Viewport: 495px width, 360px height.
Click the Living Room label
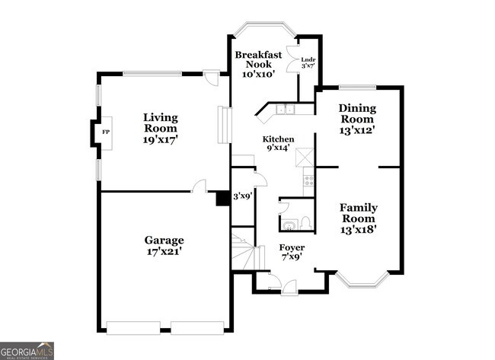(x=161, y=118)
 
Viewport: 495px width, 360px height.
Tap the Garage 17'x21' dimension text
(x=164, y=250)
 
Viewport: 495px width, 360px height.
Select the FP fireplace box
(x=105, y=132)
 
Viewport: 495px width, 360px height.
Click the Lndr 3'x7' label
(x=308, y=62)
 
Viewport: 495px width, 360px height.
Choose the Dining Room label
(x=356, y=113)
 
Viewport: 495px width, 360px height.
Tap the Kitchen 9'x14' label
(x=278, y=145)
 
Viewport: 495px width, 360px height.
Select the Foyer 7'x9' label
(x=292, y=253)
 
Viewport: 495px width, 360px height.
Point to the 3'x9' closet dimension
(x=242, y=196)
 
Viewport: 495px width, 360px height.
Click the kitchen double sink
(x=286, y=110)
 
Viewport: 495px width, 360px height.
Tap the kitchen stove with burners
(x=309, y=180)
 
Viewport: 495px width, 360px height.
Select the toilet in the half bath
(x=304, y=222)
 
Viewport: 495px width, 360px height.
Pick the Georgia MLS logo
(x=27, y=350)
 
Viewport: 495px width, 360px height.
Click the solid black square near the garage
(x=222, y=198)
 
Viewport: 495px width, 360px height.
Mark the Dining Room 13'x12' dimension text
(x=356, y=130)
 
